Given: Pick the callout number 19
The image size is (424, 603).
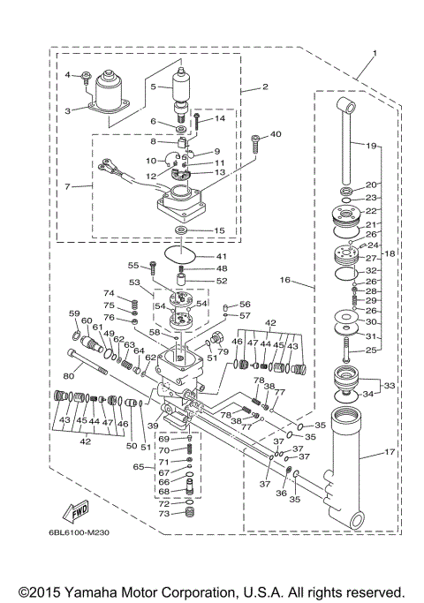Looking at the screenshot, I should point(371,145).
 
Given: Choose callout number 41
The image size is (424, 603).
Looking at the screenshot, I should point(223,256).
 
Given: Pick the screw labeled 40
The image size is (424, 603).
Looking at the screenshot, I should point(254,139).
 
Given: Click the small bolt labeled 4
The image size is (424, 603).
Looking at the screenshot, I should point(84,77).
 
